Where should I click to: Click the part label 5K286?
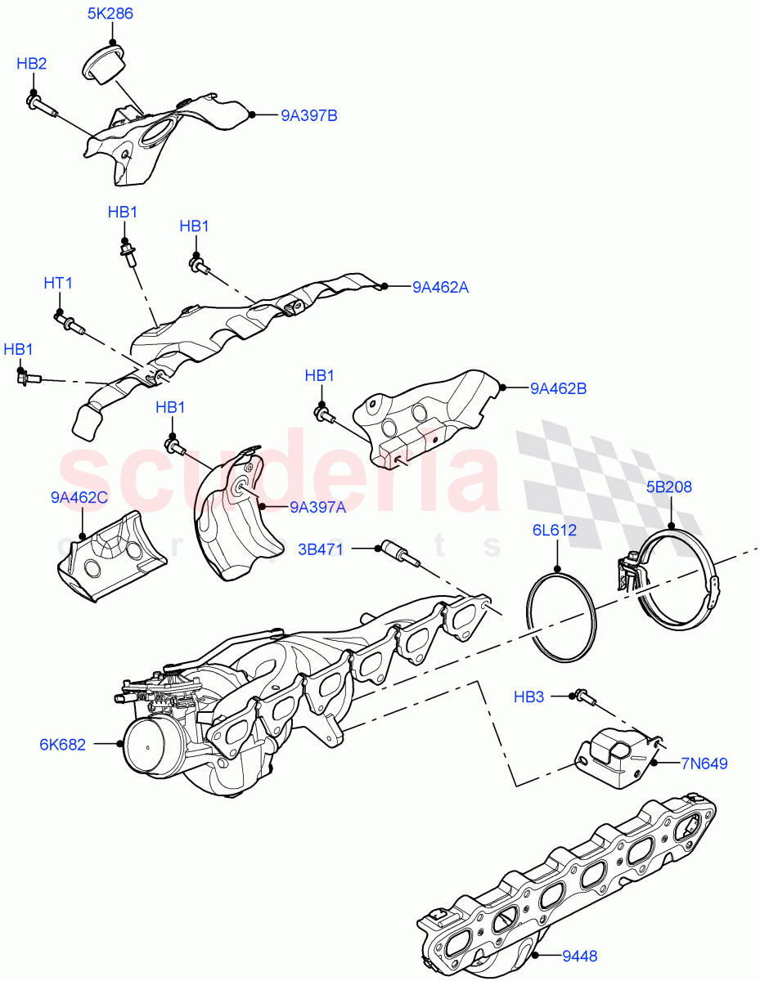click(110, 14)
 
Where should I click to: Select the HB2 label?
click(32, 64)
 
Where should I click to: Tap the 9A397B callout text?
click(309, 115)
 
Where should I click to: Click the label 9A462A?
click(440, 287)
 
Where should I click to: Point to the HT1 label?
click(58, 283)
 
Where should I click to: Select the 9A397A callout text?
click(317, 507)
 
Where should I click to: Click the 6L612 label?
click(556, 530)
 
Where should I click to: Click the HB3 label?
click(528, 697)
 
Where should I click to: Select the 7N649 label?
click(704, 764)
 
